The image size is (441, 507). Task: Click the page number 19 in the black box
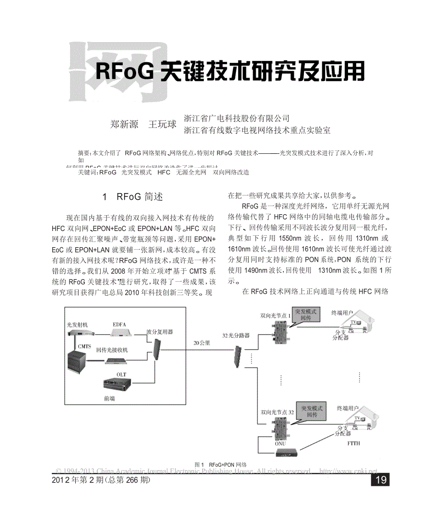(x=382, y=480)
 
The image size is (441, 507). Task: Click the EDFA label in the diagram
(x=119, y=324)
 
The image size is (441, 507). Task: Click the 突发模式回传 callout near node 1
(x=309, y=315)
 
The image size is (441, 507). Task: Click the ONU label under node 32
(x=280, y=443)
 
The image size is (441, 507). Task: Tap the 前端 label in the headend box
(x=109, y=398)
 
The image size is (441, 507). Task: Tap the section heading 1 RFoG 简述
(x=133, y=196)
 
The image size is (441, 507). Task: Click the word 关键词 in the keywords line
(x=87, y=172)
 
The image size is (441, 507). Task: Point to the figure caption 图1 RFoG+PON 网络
(x=220, y=464)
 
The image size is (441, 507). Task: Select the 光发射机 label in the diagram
(x=78, y=324)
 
